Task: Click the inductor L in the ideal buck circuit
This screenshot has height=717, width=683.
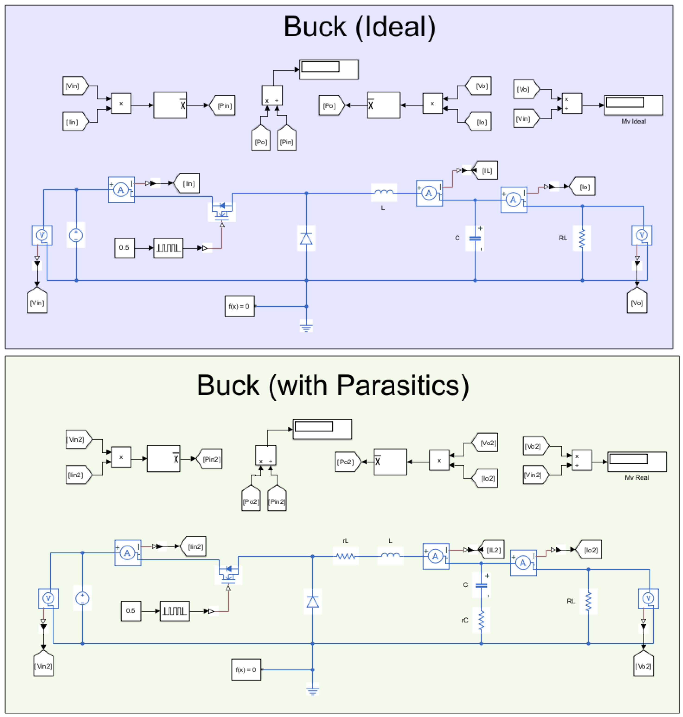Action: [x=384, y=193]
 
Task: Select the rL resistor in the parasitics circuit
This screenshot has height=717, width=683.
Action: [x=345, y=556]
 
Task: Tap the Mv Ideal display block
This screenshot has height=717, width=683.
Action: [x=633, y=105]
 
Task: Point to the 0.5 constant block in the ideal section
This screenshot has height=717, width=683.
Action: [x=124, y=248]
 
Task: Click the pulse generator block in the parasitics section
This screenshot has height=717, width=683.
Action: [x=174, y=611]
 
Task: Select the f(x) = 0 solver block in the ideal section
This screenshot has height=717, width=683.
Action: [x=239, y=306]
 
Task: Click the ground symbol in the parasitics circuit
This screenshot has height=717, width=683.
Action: [x=312, y=690]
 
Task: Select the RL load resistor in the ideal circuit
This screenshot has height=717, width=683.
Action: [x=582, y=238]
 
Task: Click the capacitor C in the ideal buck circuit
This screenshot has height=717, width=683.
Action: [x=475, y=238]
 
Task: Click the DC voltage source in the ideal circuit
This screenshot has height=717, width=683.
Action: [x=76, y=235]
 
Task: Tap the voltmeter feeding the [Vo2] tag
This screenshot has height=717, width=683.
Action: [x=648, y=598]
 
